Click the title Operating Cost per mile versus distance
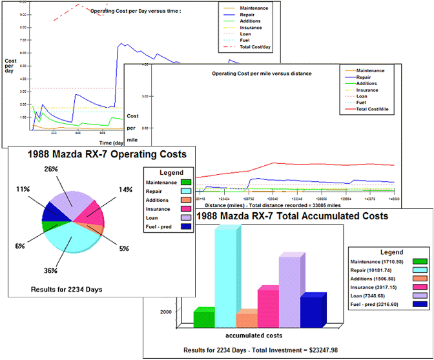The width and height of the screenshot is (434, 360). (262, 74)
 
